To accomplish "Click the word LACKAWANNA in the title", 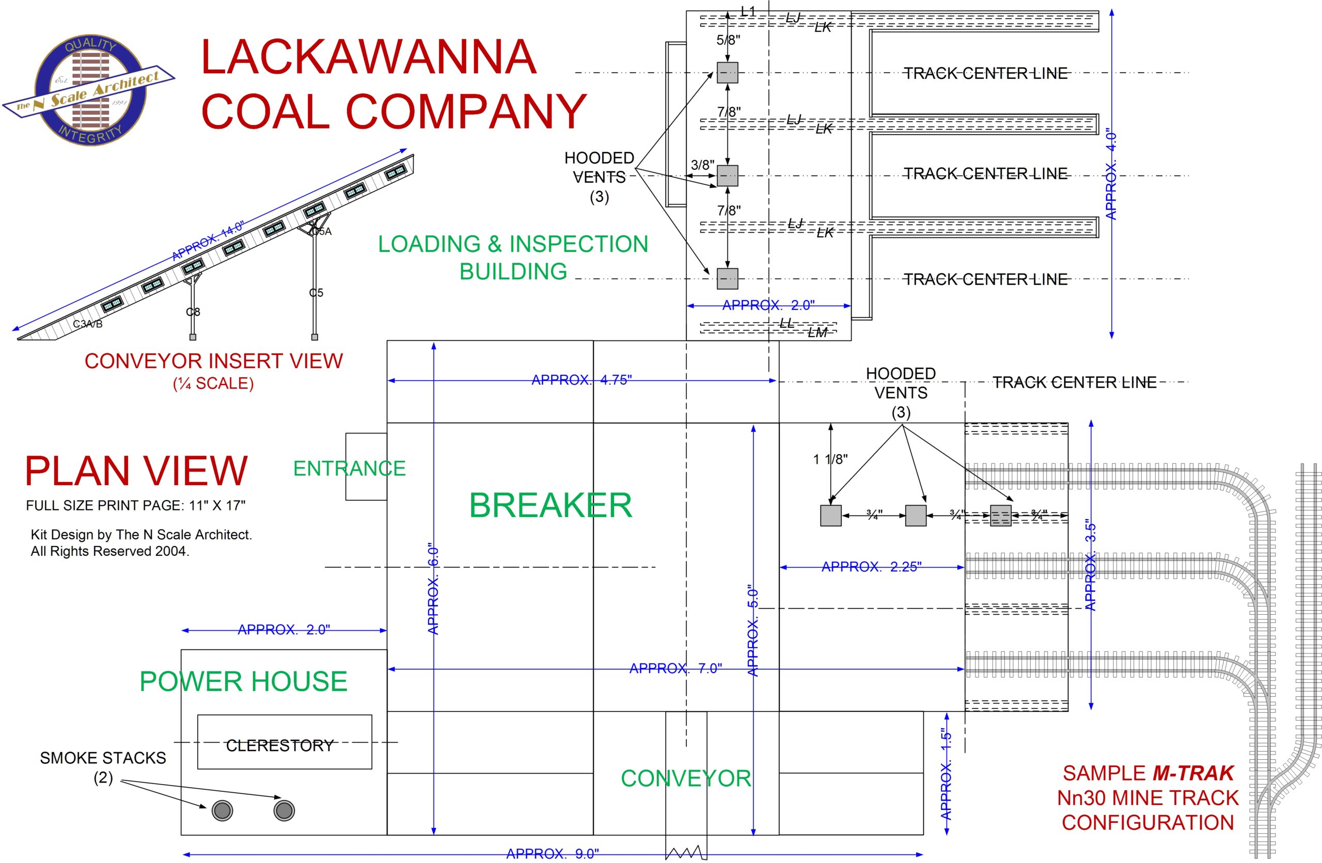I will coord(368,57).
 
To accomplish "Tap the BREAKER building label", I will coord(550,505).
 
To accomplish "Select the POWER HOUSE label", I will coord(243,681).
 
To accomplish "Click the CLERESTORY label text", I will coord(279,745).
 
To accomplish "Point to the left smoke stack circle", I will coord(222,811).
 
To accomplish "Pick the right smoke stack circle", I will coord(284,811).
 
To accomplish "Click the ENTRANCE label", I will coord(350,469).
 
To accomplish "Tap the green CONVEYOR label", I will coord(685,778).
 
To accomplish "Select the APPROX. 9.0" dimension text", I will coord(553,854).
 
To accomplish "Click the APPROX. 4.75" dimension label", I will coord(581,380).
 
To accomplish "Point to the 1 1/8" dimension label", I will coord(830,459).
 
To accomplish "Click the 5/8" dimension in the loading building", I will coord(728,40).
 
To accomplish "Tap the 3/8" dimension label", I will coord(702,165).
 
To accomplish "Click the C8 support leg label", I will coord(193,312).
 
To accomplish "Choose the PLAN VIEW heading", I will coord(136,471).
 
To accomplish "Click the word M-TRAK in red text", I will coord(1192,773).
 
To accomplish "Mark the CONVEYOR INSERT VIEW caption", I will coord(214,361).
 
